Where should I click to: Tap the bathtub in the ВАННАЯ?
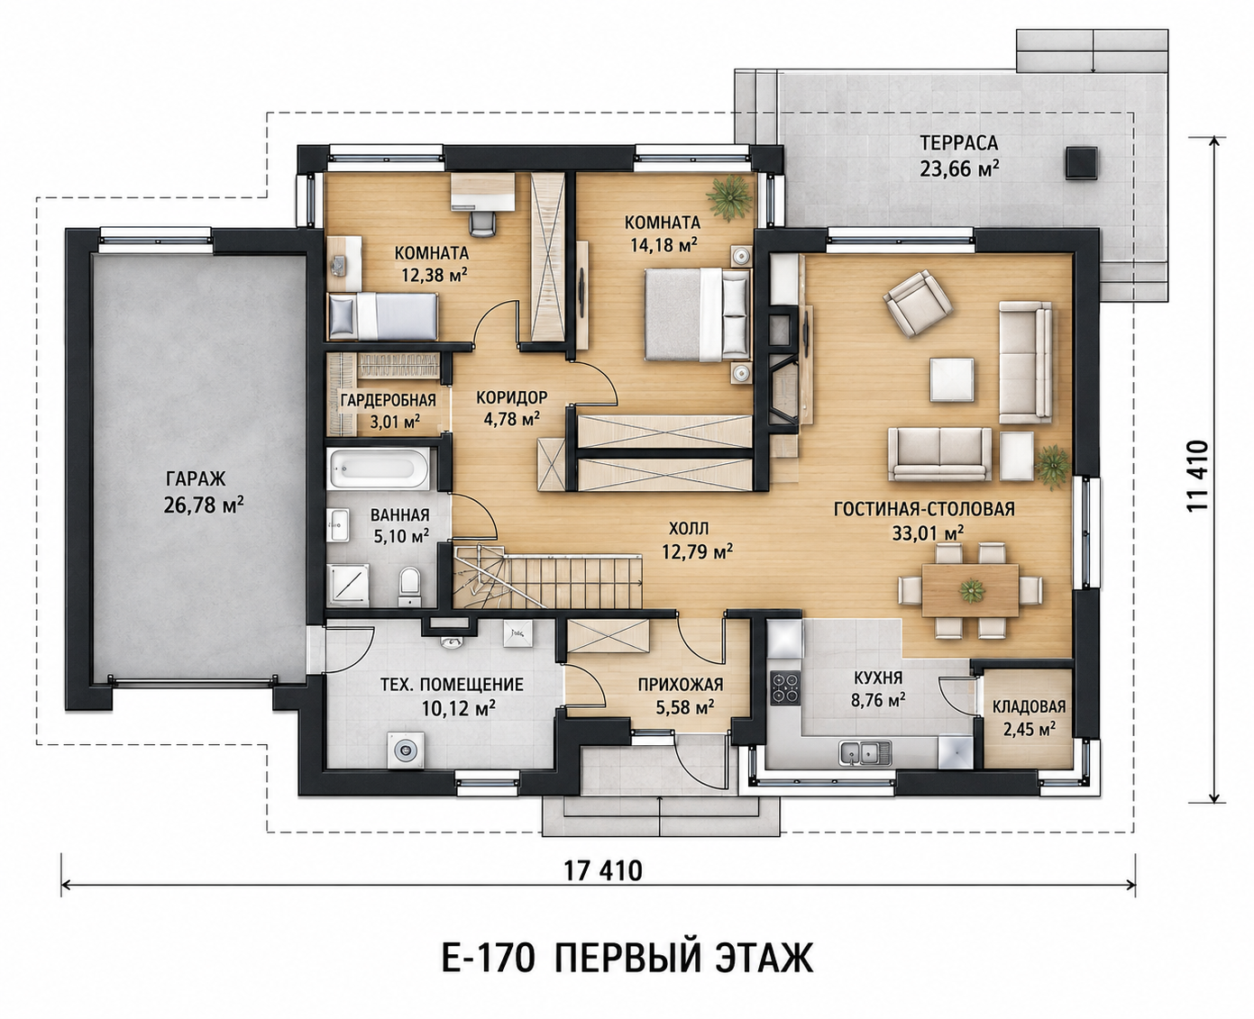coord(380,469)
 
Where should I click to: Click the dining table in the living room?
coord(970,590)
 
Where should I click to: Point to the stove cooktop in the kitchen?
coord(785,687)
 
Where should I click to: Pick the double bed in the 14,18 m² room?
coord(699,314)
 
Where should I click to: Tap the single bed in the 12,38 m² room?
coord(383,316)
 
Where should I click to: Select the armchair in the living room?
coord(917,304)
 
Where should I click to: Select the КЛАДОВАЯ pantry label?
coord(1030,706)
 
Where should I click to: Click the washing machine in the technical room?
coord(405,749)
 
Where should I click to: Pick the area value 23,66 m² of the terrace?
coord(959,170)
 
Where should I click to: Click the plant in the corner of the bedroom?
coord(729,198)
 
